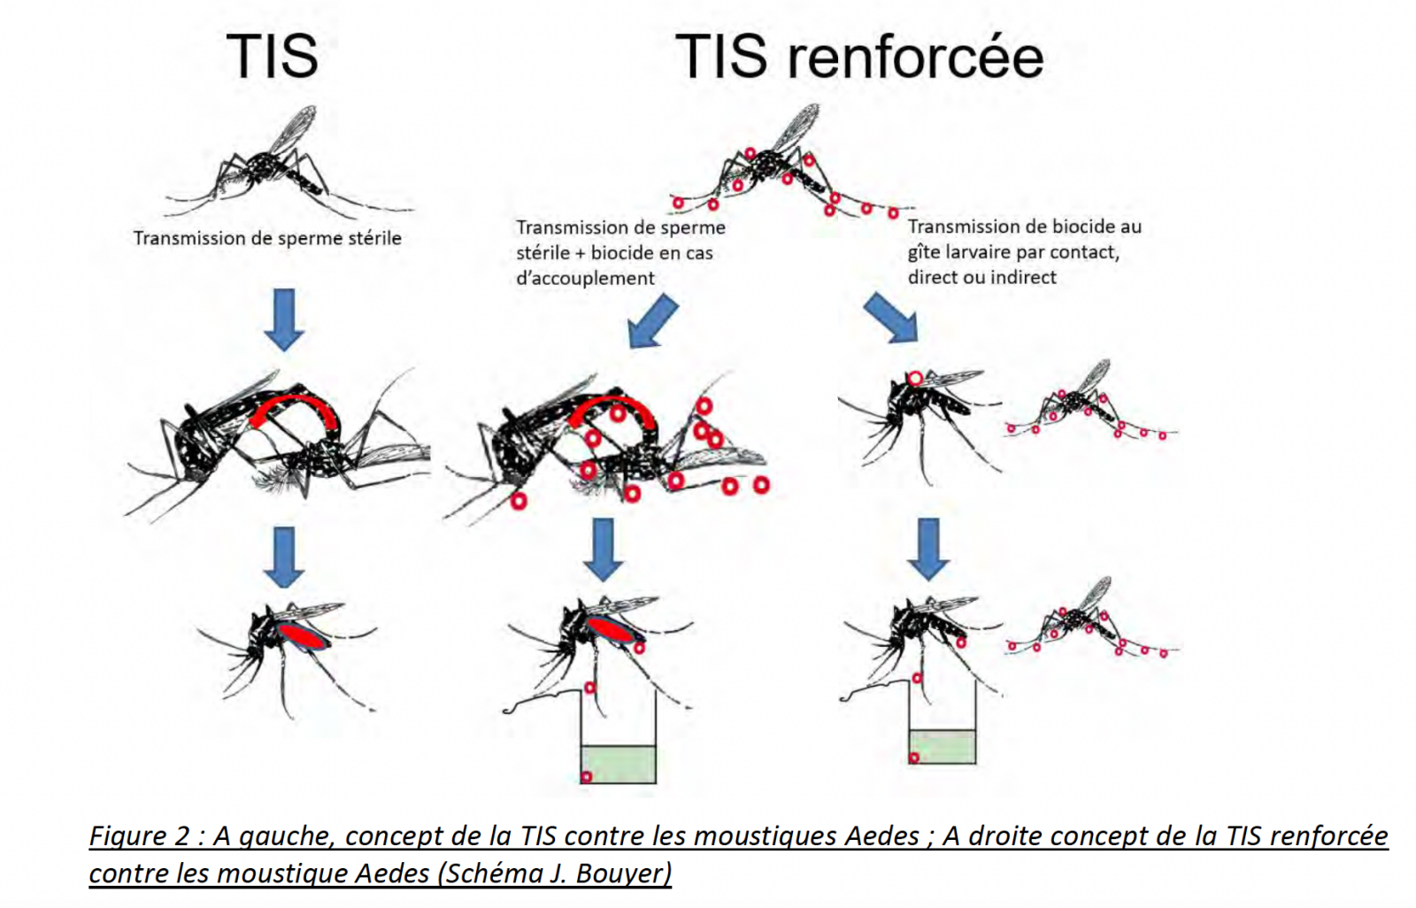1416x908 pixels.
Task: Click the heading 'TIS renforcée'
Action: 858,57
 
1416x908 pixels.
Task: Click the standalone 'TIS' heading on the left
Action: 272,57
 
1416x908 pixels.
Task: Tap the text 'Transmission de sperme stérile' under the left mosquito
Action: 267,238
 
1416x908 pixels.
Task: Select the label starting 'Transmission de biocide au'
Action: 1024,227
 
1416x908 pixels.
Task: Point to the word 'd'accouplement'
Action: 585,278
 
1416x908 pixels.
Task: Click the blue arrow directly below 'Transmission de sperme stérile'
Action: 283,319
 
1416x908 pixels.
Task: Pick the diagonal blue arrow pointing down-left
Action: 653,321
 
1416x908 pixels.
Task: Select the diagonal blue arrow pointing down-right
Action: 891,318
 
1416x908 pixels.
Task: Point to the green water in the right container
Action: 943,746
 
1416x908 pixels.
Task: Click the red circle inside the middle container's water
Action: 586,777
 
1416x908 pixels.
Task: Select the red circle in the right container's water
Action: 914,758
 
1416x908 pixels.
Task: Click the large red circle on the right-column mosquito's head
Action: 915,379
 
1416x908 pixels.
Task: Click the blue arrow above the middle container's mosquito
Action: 603,549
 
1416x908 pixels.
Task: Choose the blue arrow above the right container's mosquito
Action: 927,549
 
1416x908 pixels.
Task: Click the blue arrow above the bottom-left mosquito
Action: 283,557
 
